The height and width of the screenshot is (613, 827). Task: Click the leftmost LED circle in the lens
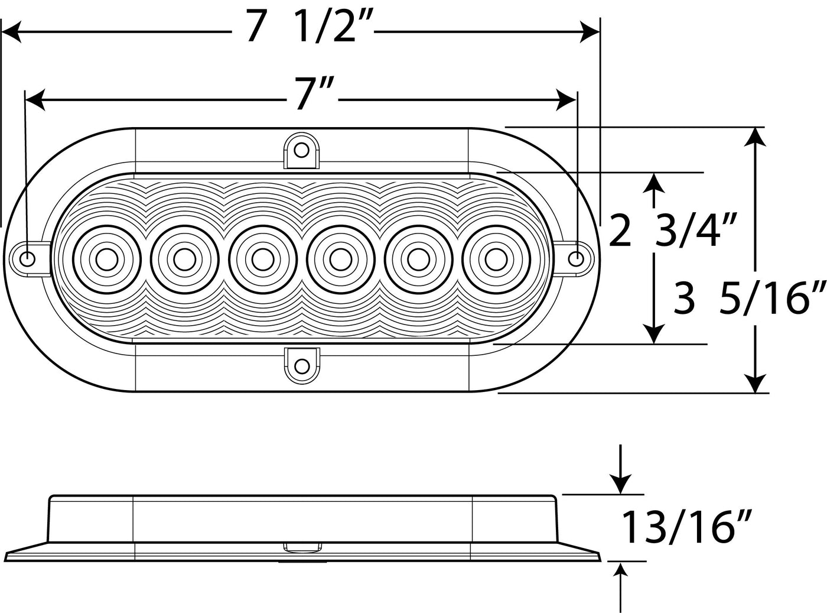(x=107, y=260)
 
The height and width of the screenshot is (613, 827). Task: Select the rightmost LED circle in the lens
(x=496, y=260)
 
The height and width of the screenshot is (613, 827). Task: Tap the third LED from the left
(x=263, y=260)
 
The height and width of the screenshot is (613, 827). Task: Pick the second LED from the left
(x=185, y=260)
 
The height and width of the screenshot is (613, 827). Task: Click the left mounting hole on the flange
(x=27, y=258)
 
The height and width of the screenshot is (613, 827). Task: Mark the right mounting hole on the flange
(x=577, y=258)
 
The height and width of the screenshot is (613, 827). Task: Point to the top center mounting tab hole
(x=302, y=150)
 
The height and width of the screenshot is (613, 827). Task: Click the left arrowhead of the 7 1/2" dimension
(x=11, y=32)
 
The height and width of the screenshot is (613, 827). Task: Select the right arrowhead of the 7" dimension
(x=566, y=100)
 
